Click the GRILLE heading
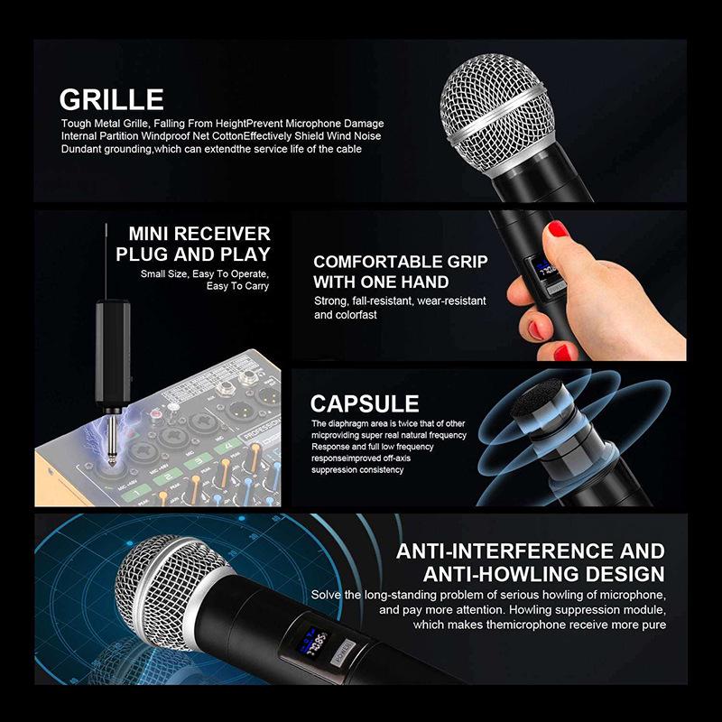(x=111, y=98)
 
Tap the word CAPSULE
(x=365, y=403)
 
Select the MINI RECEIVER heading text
(x=199, y=233)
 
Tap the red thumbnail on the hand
(x=558, y=228)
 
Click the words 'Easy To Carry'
(x=237, y=286)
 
